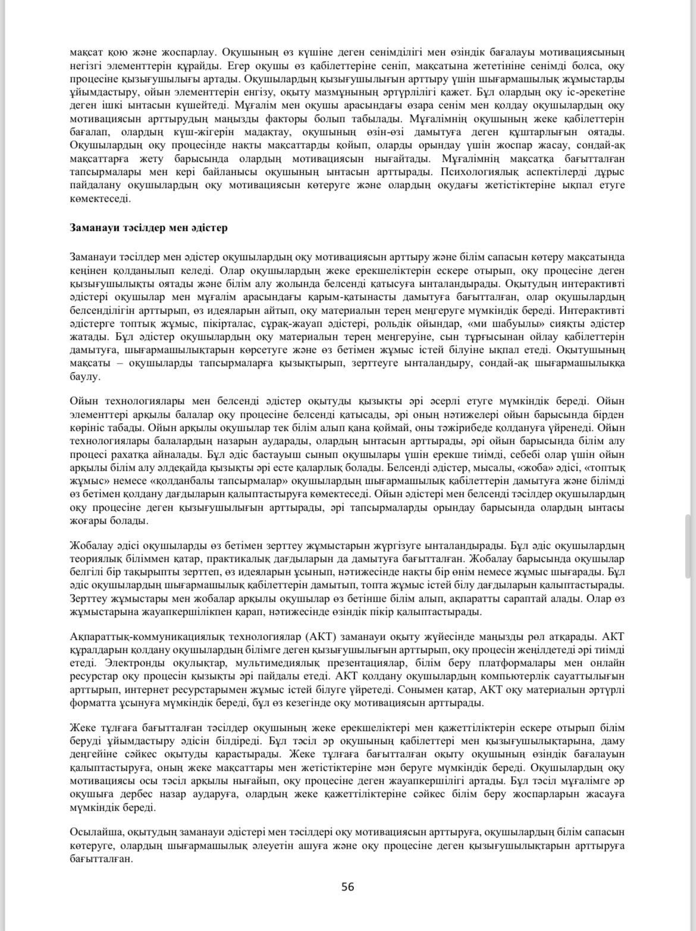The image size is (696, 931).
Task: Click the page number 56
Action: tap(347, 887)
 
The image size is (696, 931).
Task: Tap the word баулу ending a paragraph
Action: tap(85, 376)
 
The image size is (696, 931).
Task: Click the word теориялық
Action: tap(96, 559)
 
